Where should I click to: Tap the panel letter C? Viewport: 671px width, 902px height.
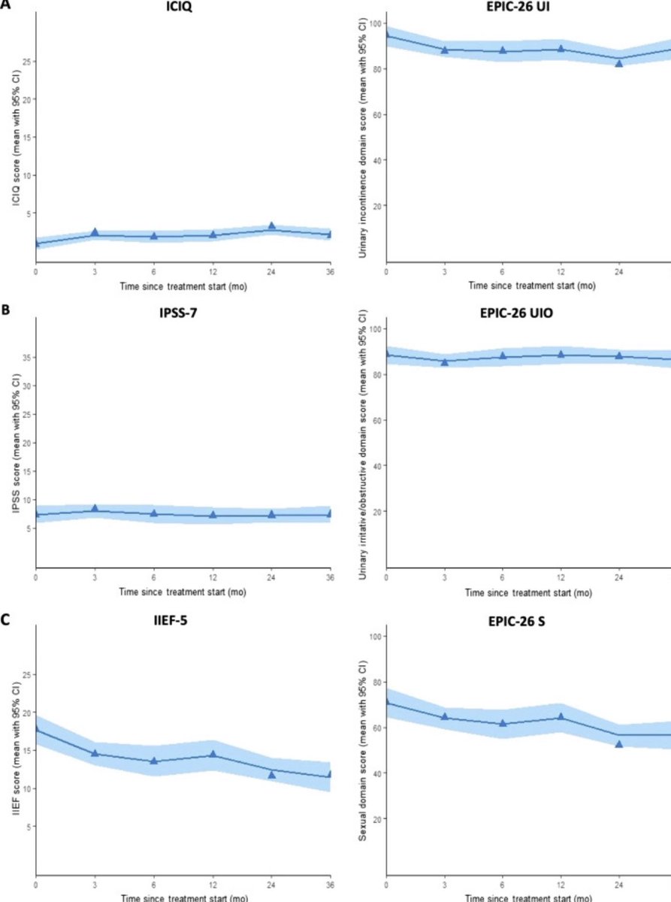pyautogui.click(x=5, y=622)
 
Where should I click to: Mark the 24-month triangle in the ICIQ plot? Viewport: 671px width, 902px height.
pyautogui.click(x=272, y=225)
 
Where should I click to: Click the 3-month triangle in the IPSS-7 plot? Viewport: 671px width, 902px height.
pyautogui.click(x=95, y=509)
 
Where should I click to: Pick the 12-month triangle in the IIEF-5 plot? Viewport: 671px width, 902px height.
pyautogui.click(x=213, y=754)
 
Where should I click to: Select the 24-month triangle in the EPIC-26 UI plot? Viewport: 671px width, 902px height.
pyautogui.click(x=619, y=63)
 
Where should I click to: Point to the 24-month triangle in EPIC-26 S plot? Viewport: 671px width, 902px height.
pyautogui.click(x=619, y=743)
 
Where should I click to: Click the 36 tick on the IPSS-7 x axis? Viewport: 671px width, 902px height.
pyautogui.click(x=331, y=577)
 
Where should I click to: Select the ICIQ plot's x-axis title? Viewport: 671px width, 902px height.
pyautogui.click(x=183, y=286)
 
